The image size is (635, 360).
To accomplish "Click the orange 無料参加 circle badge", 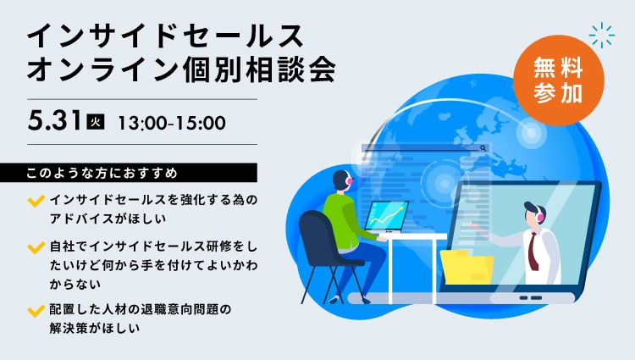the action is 558,80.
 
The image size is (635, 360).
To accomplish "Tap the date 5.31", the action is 54,120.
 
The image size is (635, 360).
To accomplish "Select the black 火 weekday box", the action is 96,122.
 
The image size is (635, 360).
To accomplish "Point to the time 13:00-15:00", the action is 172,123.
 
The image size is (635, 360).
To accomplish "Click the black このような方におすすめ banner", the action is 129,173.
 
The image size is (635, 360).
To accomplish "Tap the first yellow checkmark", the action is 36,201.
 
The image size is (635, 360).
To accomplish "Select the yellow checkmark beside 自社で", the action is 36,247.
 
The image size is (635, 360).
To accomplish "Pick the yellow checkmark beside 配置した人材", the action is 36,311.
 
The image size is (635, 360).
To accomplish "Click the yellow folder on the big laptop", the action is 467,268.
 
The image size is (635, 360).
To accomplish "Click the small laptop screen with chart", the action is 387,216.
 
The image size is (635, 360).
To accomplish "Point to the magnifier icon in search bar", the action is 483,148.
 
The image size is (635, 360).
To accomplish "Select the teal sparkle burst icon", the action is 602,36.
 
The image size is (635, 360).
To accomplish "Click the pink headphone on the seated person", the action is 349,180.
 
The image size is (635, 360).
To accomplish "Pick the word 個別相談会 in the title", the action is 259,68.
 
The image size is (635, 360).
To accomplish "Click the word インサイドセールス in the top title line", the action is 165,36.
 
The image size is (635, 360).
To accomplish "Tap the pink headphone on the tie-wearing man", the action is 539,217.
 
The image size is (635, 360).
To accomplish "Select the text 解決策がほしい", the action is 94,328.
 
